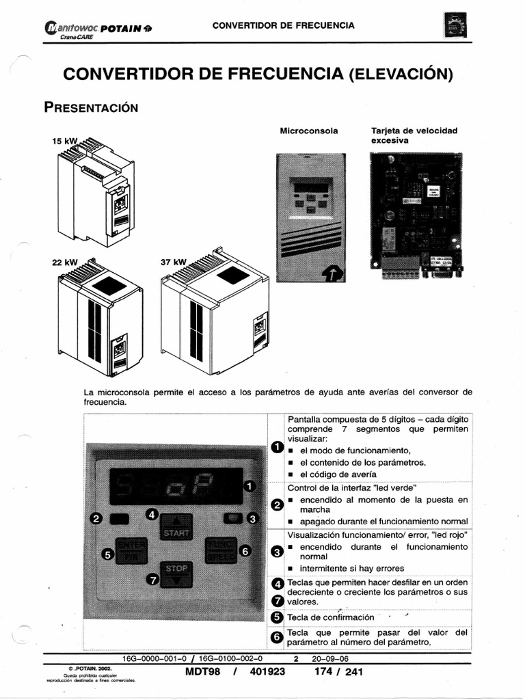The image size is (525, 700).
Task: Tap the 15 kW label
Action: click(x=62, y=141)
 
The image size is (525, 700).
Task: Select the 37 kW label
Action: click(x=173, y=262)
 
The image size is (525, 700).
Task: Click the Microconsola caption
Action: click(x=309, y=130)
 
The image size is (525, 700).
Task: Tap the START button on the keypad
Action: click(x=175, y=531)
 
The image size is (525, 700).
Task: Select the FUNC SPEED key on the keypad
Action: click(x=220, y=549)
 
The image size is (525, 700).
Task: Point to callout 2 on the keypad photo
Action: click(x=97, y=519)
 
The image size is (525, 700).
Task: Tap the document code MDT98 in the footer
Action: click(x=203, y=672)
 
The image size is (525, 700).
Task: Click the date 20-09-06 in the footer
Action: click(x=330, y=659)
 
